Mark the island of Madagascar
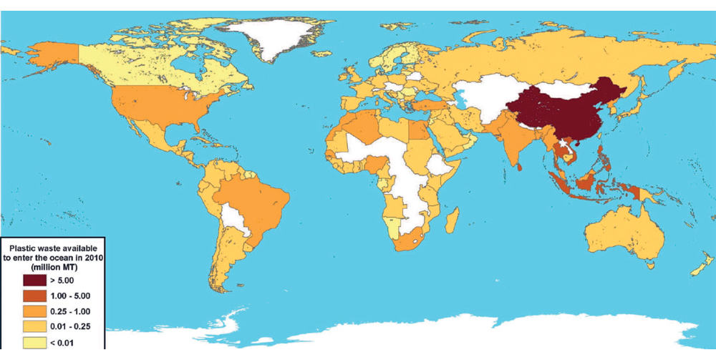[451, 217]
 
